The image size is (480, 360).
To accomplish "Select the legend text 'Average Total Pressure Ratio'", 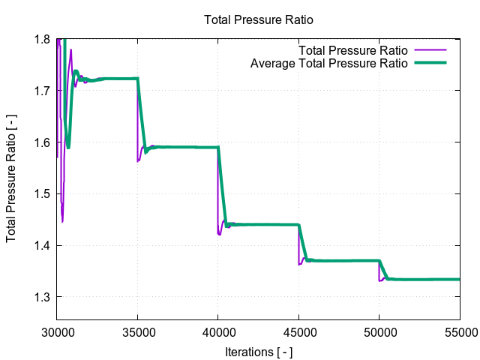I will click(328, 63).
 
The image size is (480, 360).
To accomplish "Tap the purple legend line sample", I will click(430, 50).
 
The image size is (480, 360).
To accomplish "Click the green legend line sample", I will click(430, 63).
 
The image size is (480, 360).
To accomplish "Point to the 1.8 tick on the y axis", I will click(42, 39).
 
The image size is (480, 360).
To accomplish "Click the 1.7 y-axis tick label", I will click(42, 91).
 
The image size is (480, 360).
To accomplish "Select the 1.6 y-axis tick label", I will click(42, 142).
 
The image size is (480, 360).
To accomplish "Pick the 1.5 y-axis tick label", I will click(42, 194).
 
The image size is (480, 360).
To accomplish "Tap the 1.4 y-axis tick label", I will click(42, 245).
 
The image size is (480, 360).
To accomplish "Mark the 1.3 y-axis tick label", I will click(42, 297).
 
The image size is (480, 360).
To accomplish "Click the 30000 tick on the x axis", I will click(57, 330).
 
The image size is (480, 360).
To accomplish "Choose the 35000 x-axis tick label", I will click(137, 330).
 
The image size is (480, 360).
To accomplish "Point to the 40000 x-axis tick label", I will click(218, 330).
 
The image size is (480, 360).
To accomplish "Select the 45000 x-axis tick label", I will click(298, 330).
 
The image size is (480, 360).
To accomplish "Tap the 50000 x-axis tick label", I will click(379, 330).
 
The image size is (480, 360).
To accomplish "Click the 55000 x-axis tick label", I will click(459, 330).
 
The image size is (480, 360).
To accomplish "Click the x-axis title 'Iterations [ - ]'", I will click(258, 351).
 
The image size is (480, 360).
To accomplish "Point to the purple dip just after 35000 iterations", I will click(138, 160).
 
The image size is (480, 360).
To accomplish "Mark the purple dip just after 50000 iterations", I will click(380, 280).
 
